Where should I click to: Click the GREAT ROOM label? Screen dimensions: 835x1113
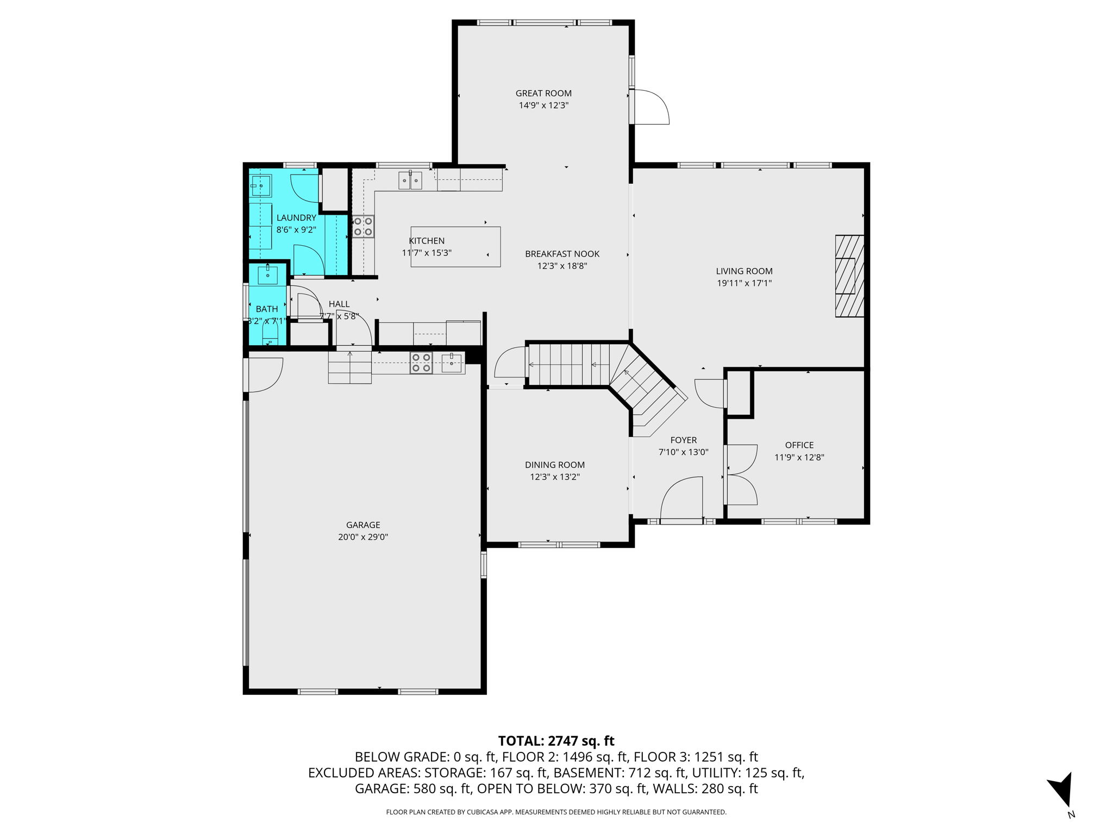click(543, 94)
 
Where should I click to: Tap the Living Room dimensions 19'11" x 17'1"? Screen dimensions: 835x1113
click(744, 283)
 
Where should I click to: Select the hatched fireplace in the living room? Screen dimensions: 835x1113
click(849, 276)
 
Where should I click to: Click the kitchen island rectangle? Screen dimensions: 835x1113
click(455, 247)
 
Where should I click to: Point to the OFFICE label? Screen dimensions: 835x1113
click(799, 445)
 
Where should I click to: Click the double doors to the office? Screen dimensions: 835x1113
click(740, 475)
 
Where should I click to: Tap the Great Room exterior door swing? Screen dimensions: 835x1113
click(650, 108)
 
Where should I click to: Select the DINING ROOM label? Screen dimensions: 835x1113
click(554, 465)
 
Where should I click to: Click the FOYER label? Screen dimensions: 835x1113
click(683, 440)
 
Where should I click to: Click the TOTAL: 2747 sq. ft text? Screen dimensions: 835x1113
click(556, 741)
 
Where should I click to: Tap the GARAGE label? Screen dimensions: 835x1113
click(363, 525)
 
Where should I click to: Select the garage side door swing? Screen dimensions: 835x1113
click(264, 374)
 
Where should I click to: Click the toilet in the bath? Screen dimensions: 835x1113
click(270, 332)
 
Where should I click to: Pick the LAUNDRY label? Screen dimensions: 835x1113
click(296, 218)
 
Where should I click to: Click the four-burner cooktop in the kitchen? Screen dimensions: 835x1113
click(363, 227)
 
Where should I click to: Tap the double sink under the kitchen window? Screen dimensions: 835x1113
click(410, 180)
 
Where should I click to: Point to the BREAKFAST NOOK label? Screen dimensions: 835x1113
click(562, 254)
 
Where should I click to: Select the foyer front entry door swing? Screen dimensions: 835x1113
click(681, 499)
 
